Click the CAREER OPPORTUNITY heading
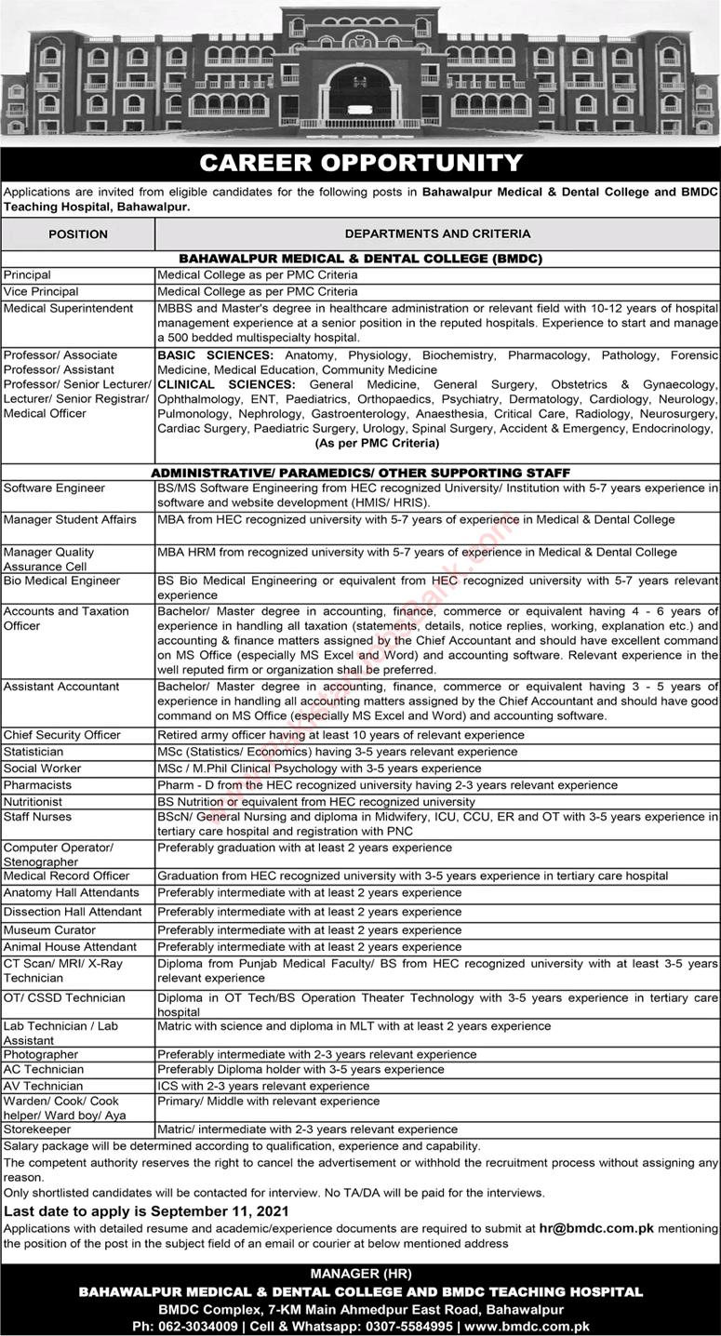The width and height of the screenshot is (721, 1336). (361, 164)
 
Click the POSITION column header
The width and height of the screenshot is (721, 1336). (78, 234)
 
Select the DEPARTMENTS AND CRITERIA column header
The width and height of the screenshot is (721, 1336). (437, 234)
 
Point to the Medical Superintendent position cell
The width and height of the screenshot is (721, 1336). (69, 308)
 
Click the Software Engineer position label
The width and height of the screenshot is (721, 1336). (54, 488)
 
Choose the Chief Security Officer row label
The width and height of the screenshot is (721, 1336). (62, 735)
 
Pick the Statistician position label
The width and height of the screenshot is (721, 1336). (33, 752)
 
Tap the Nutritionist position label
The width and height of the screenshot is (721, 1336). (33, 801)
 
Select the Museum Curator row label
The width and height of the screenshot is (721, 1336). (49, 929)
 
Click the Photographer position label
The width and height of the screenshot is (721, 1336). (41, 1055)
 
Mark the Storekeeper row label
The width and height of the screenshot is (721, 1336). (37, 1129)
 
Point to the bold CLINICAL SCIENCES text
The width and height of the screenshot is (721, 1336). (223, 384)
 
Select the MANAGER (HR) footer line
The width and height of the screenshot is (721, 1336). (360, 1274)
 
